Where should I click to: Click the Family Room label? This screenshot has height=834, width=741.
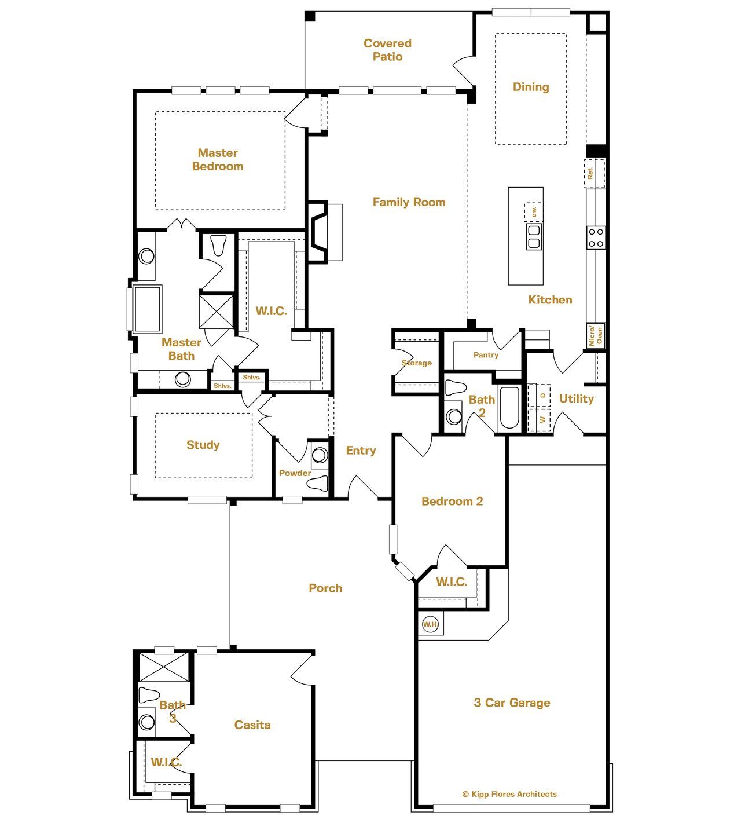point(409,202)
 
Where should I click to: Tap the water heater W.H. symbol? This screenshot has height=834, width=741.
point(430,624)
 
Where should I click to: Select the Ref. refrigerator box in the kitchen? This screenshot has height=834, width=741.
point(595,173)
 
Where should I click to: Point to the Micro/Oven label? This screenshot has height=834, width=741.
point(595,335)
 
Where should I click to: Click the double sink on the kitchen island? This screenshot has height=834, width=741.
point(534,237)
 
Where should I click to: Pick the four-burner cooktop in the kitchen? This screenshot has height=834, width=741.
point(596,237)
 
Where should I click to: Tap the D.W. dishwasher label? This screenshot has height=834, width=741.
point(534,212)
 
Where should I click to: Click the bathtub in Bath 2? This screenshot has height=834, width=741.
point(509,408)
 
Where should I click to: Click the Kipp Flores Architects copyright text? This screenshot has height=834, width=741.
point(509,794)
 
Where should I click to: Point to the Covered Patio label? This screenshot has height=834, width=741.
point(387,50)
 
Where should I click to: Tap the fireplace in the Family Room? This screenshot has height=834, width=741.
point(324,232)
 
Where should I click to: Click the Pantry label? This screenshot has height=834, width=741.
point(486,355)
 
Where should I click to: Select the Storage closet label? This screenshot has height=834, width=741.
point(417,363)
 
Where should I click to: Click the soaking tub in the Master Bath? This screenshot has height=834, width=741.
point(147,308)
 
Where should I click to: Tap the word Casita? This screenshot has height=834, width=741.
point(252,725)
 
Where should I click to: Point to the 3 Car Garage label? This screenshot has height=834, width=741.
point(512,703)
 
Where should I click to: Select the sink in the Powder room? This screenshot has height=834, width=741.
point(320,455)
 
